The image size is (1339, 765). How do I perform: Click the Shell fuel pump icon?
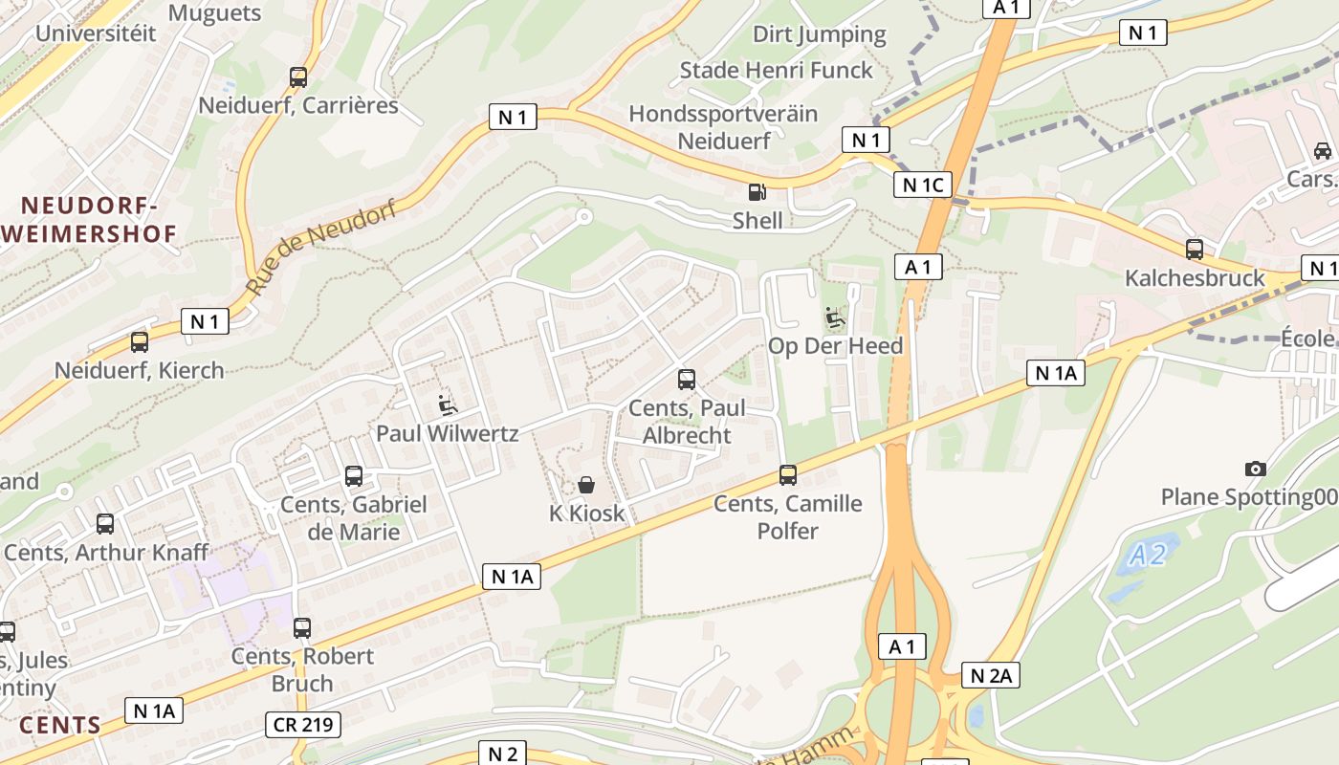(757, 191)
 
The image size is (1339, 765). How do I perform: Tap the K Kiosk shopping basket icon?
(586, 485)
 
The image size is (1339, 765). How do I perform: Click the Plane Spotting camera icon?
(1256, 469)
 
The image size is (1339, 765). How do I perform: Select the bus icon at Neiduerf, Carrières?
(298, 76)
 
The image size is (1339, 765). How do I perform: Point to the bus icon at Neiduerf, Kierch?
(140, 341)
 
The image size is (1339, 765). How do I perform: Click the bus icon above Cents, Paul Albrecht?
(687, 379)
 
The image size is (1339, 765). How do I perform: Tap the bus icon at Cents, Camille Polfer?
(788, 474)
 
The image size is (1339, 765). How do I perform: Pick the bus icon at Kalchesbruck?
(1195, 250)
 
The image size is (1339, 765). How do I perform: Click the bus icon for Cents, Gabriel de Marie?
(354, 475)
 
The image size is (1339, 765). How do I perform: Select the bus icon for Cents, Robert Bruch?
(302, 627)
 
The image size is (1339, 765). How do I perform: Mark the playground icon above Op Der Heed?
(835, 317)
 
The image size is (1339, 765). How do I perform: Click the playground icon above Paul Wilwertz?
(447, 404)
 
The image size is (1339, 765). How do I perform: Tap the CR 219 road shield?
(303, 725)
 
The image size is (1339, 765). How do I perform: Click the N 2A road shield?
(990, 676)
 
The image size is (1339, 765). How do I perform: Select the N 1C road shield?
(922, 185)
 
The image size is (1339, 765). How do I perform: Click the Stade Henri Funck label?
(777, 70)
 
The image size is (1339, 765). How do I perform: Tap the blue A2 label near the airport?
(1147, 555)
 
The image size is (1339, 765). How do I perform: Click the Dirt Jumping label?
(820, 34)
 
